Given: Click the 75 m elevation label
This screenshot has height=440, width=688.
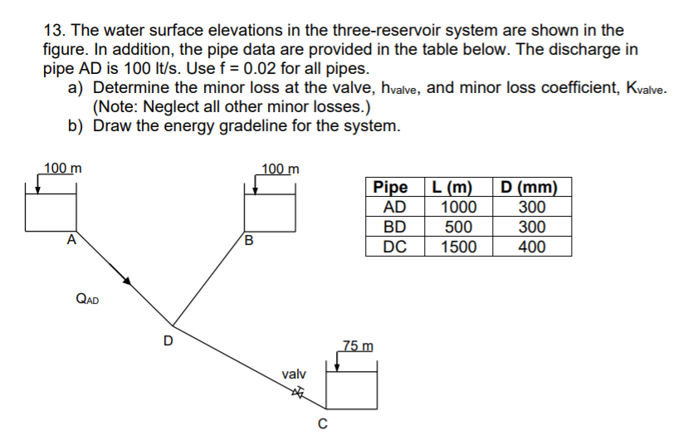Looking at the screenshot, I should (359, 345).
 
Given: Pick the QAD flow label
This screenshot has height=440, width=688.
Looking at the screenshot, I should (86, 299).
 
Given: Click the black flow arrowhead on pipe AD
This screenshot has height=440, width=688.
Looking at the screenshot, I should (126, 281).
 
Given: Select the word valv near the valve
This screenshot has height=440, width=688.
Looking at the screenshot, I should (294, 375).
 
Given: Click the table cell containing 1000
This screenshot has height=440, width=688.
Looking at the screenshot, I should (458, 208).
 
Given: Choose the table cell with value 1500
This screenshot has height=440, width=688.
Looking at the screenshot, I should (458, 247).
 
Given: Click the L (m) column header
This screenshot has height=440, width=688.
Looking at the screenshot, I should (458, 188).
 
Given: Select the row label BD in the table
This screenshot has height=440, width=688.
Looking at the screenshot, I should (394, 227).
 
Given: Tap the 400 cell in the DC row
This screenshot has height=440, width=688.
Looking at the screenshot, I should (532, 247).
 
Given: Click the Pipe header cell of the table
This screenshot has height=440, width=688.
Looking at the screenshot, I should (394, 188).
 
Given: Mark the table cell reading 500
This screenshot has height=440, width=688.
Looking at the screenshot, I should (458, 227).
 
